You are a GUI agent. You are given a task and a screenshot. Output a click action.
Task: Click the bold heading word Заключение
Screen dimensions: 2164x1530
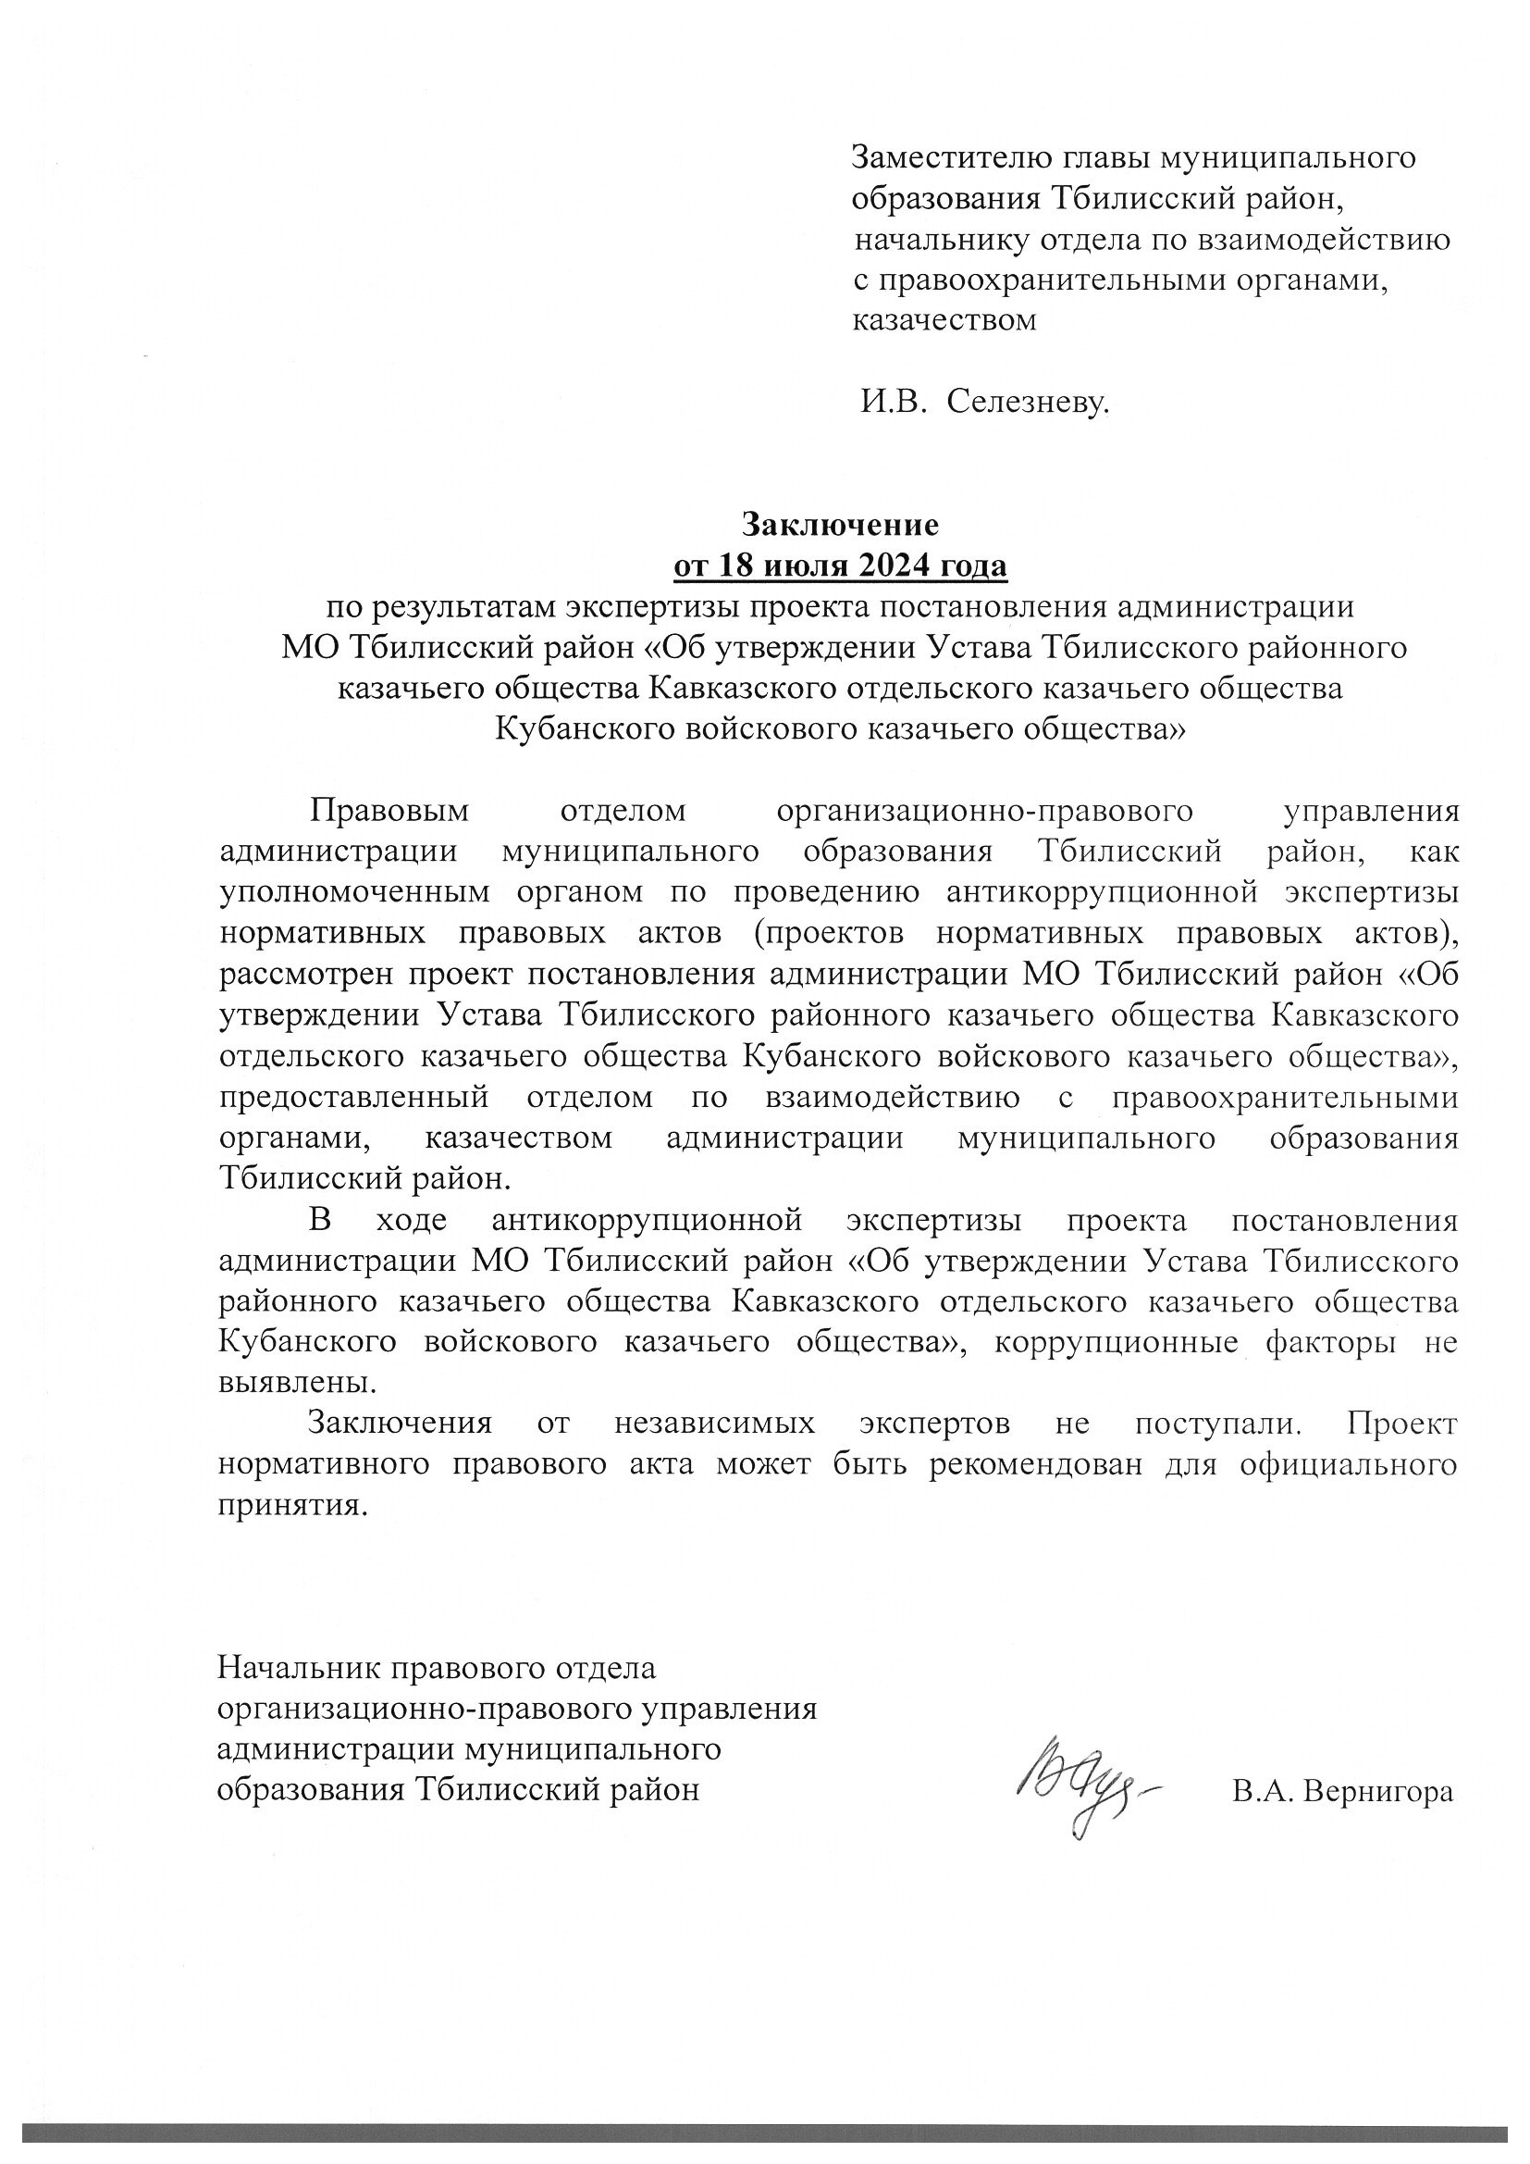840,524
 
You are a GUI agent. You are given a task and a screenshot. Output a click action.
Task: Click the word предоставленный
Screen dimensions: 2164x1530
354,1098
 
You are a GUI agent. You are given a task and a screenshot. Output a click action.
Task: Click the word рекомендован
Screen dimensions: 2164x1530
1038,1464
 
